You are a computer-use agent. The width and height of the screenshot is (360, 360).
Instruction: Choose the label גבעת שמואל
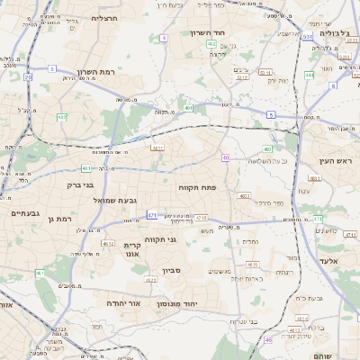point(115,200)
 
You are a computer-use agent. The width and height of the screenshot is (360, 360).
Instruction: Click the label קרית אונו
point(132,249)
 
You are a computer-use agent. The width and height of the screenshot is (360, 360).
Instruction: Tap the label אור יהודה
point(125,304)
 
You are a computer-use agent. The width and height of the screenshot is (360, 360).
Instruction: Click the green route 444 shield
point(309,76)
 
